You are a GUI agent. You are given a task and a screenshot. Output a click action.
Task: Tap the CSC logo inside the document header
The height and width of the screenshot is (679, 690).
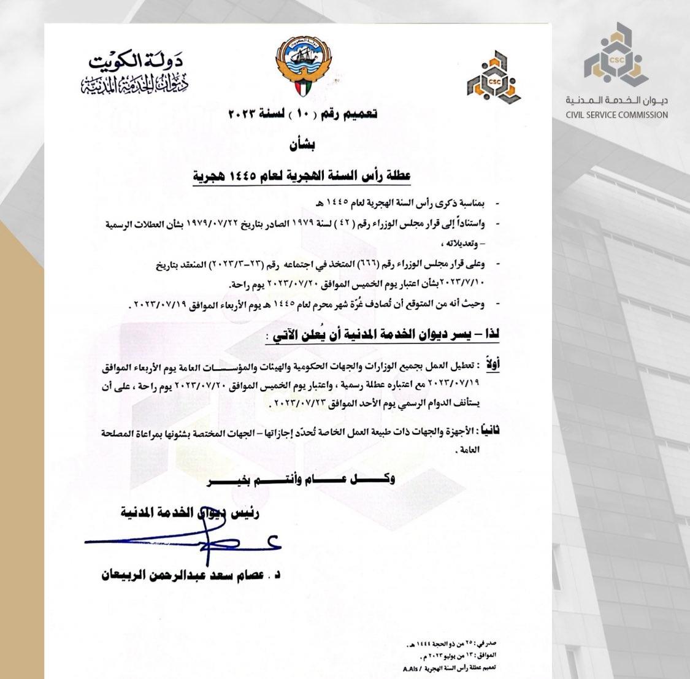[x=494, y=76]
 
